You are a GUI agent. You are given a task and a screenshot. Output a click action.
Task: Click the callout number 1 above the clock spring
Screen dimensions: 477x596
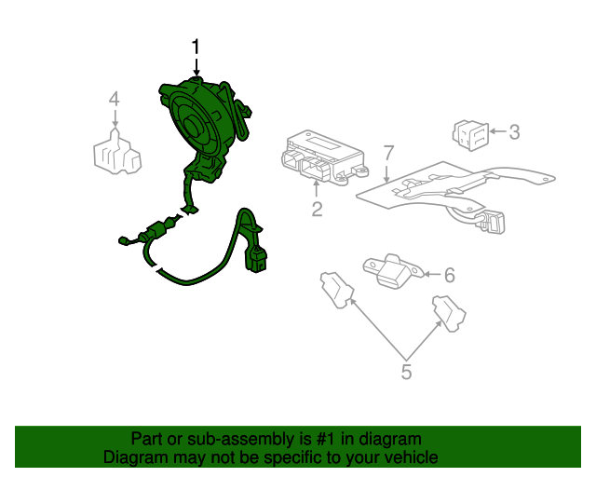tap(196, 47)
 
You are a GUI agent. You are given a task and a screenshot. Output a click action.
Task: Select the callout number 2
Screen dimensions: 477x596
tap(317, 210)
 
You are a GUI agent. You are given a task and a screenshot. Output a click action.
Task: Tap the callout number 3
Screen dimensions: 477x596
tap(514, 132)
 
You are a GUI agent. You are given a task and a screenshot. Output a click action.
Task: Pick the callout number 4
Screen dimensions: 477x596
tap(114, 99)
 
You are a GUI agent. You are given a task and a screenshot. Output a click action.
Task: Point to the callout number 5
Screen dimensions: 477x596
tap(406, 373)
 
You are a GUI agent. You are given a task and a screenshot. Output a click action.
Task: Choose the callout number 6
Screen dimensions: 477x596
tap(449, 275)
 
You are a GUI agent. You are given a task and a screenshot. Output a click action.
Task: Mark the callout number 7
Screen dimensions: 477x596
tap(388, 152)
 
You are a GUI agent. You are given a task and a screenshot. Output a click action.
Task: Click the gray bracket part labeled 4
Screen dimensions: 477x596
tap(115, 152)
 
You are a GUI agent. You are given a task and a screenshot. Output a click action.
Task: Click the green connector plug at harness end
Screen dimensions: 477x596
tap(256, 258)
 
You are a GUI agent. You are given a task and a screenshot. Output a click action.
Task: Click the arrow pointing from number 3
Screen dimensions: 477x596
tap(495, 132)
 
